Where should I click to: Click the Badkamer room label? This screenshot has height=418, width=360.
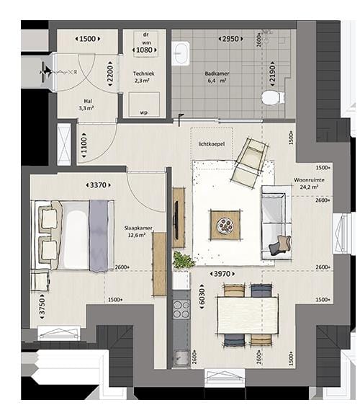[x=217, y=74]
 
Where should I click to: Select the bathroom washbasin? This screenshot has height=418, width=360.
[x=181, y=52]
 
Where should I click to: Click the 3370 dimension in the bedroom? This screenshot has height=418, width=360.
[x=98, y=185]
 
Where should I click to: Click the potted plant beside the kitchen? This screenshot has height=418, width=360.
[x=183, y=260]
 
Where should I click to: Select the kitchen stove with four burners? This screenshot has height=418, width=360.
[x=181, y=309]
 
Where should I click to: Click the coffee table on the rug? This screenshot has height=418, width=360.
[x=226, y=225]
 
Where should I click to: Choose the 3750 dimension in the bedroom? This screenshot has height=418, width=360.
[x=42, y=306]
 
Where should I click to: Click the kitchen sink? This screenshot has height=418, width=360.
[x=180, y=355]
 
